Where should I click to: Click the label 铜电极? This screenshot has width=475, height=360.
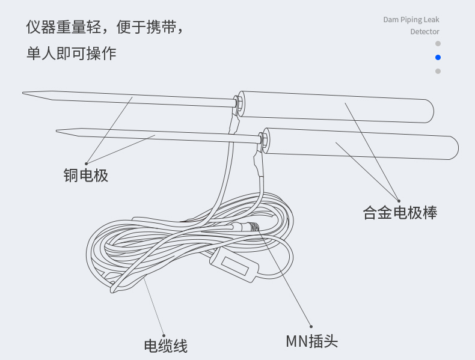tap(86, 175)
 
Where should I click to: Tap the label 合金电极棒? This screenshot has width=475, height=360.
tap(400, 212)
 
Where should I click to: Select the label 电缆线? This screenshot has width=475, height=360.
tap(165, 346)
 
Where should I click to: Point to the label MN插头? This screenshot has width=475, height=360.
tap(311, 341)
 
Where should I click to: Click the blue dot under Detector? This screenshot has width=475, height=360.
tap(438, 58)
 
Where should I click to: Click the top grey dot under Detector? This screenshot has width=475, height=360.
tap(438, 44)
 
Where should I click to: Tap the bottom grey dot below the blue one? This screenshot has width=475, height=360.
tap(438, 72)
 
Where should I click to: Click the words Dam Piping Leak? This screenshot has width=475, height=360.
tap(411, 20)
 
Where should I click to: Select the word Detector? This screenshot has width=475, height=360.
tap(424, 32)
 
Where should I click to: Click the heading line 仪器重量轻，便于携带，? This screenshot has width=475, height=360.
tap(103, 28)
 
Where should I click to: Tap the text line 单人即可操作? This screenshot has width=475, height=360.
tap(71, 53)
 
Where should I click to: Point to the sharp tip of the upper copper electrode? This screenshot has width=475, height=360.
tap(25, 93)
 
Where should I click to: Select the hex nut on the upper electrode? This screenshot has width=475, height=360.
tap(239, 103)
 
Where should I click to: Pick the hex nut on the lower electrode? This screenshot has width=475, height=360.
tap(265, 139)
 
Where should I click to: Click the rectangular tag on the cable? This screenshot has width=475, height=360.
tap(233, 267)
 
